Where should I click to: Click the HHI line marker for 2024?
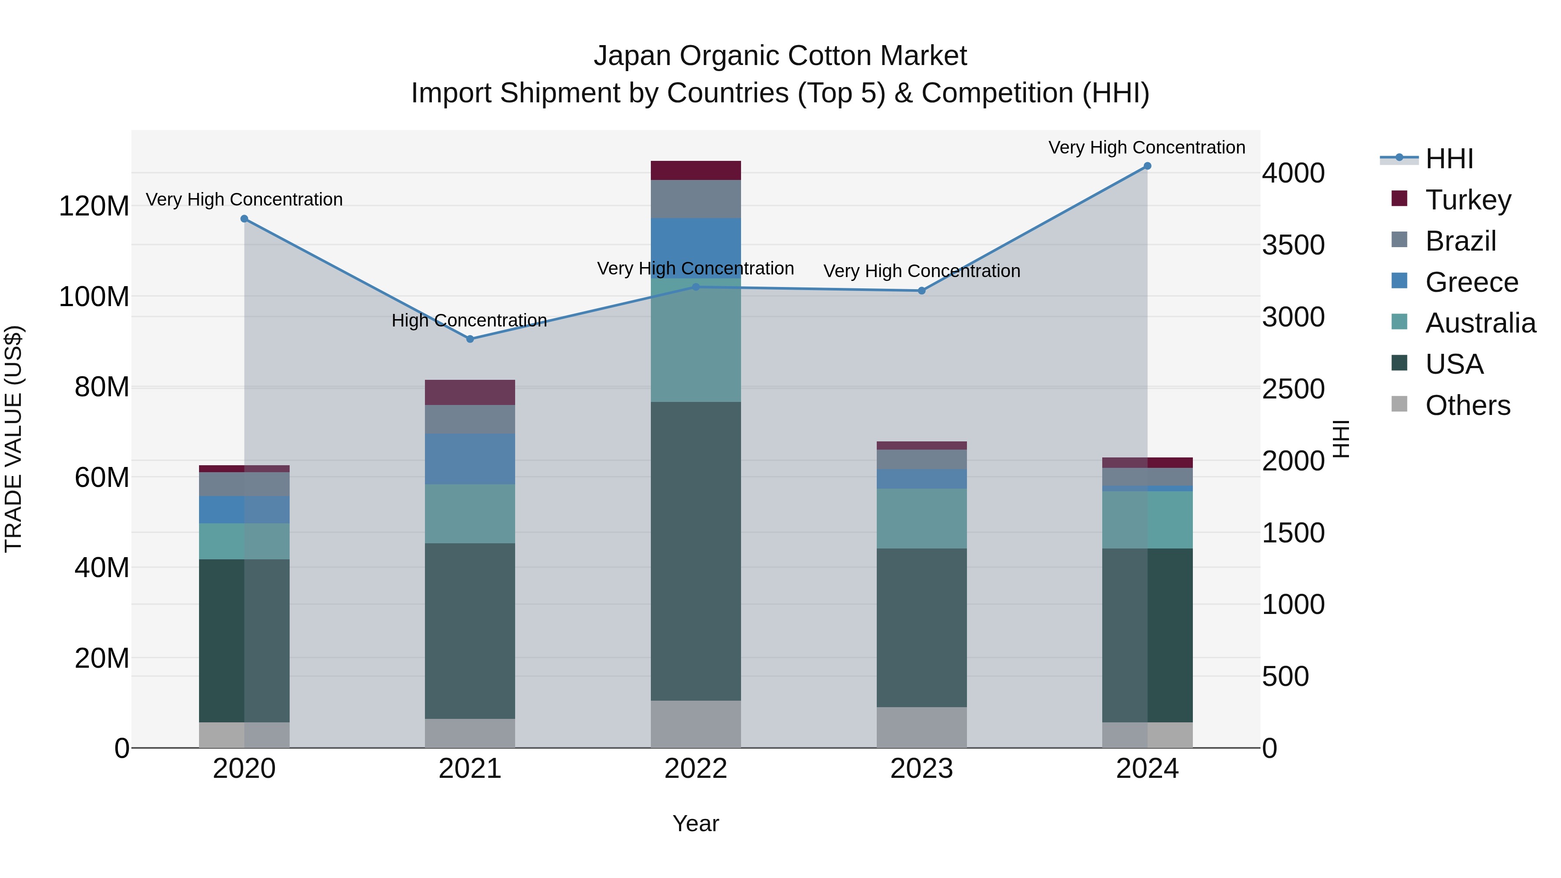1147,166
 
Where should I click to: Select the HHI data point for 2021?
470,339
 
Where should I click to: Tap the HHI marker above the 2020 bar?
244,219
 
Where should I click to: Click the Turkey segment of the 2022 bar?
696,170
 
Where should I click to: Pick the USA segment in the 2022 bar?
696,552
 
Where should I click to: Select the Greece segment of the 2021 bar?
470,459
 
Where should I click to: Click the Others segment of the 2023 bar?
922,727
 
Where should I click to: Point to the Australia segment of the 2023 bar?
922,519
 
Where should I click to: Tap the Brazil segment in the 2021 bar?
470,419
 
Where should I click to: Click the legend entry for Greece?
1471,282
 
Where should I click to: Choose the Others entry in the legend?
1467,405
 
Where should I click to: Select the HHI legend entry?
1449,159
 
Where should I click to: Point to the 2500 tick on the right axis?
1293,389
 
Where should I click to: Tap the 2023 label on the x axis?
922,769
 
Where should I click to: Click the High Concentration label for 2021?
469,320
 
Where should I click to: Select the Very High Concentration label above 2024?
1146,147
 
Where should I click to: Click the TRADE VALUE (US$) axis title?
13,439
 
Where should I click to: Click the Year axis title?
696,823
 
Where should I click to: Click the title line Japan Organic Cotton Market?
780,56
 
